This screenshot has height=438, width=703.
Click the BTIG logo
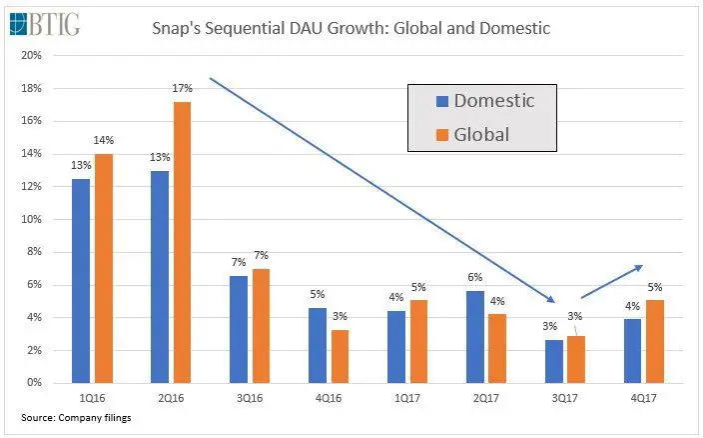click(x=44, y=24)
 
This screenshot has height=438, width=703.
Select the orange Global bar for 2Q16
click(x=182, y=242)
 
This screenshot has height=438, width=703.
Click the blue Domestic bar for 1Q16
click(x=81, y=281)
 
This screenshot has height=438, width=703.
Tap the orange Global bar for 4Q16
click(x=340, y=356)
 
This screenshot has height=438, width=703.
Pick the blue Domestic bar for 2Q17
click(x=475, y=337)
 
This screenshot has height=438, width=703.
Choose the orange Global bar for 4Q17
click(x=655, y=342)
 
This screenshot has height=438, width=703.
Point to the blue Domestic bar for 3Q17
click(x=554, y=361)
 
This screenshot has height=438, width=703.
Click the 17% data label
click(x=182, y=88)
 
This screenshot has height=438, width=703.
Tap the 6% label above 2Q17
click(x=475, y=277)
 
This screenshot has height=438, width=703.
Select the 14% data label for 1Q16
click(x=104, y=140)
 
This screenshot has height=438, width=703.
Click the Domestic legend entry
click(x=485, y=101)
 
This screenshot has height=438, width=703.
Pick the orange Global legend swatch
click(x=442, y=135)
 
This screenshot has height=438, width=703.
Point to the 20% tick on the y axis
click(x=31, y=55)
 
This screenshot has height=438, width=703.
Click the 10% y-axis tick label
click(x=31, y=219)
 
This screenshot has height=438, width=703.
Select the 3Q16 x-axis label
click(x=250, y=398)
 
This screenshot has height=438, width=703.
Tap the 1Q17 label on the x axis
click(x=407, y=398)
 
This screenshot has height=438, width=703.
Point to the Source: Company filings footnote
click(x=76, y=418)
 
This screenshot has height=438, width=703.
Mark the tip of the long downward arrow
click(x=555, y=302)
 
